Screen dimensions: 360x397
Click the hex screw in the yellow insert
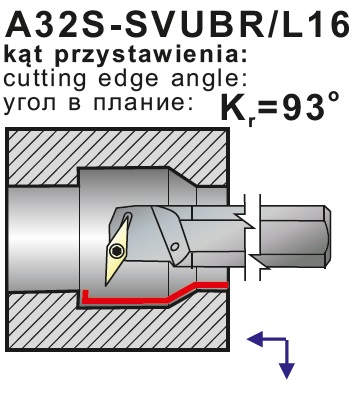click(116, 251)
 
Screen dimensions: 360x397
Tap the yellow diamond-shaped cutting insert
click(118, 251)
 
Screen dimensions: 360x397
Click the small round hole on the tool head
click(174, 247)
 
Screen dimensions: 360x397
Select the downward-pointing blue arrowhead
click(286, 370)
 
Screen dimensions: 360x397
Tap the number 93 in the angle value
click(303, 107)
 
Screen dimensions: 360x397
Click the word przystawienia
click(151, 55)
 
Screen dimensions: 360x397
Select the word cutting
click(45, 80)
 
